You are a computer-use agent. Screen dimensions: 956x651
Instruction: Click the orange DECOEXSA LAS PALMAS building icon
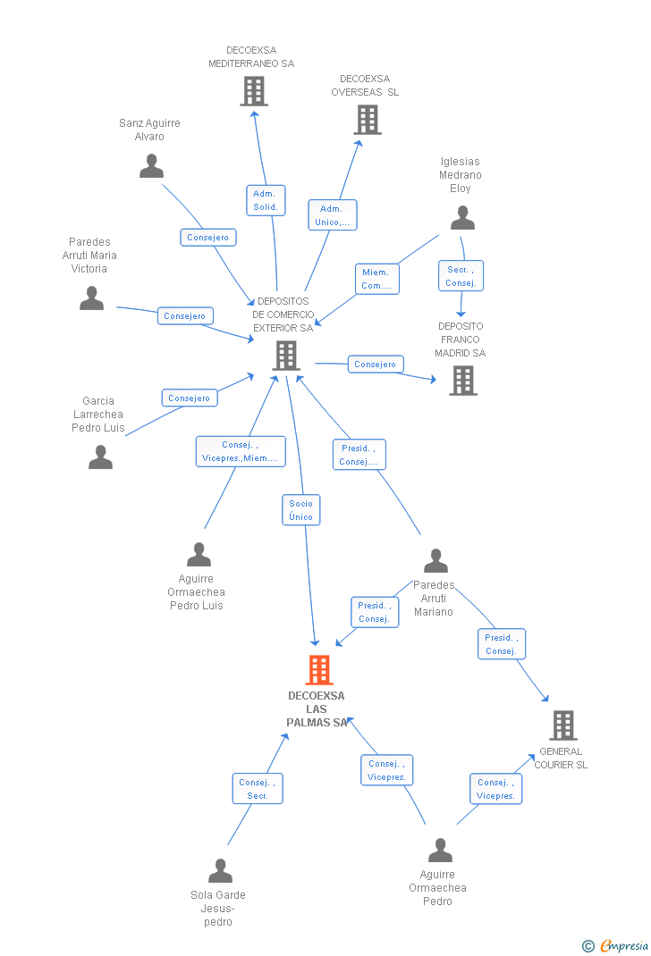pyautogui.click(x=319, y=669)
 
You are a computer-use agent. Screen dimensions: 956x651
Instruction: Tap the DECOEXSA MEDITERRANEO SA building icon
pyautogui.click(x=254, y=90)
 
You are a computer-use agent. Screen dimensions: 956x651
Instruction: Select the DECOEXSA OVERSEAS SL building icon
pyautogui.click(x=368, y=119)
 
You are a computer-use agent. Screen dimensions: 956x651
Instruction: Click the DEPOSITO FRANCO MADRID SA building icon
pyautogui.click(x=462, y=381)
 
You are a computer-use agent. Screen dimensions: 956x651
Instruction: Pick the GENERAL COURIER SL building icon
pyautogui.click(x=562, y=725)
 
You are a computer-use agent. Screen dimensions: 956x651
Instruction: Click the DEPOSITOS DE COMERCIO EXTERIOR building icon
pyautogui.click(x=286, y=356)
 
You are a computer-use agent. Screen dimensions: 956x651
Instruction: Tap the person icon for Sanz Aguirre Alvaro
pyautogui.click(x=152, y=166)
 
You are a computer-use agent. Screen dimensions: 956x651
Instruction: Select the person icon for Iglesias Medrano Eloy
pyautogui.click(x=462, y=218)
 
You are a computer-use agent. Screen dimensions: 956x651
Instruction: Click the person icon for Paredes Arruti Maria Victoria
pyautogui.click(x=92, y=298)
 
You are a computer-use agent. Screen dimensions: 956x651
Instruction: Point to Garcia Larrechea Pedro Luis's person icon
pyautogui.click(x=101, y=457)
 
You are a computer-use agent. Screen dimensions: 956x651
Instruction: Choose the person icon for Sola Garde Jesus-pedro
pyautogui.click(x=220, y=870)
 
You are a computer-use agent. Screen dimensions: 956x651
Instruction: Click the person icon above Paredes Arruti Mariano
pyautogui.click(x=435, y=561)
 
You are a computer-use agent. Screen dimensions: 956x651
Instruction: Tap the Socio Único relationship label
pyautogui.click(x=301, y=510)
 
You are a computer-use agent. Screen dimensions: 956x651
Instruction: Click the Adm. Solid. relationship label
pyautogui.click(x=266, y=200)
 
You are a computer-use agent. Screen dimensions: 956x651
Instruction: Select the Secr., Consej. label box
pyautogui.click(x=461, y=276)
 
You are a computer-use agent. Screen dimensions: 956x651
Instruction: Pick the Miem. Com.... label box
pyautogui.click(x=376, y=279)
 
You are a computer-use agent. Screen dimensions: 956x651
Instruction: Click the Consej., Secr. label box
pyautogui.click(x=258, y=789)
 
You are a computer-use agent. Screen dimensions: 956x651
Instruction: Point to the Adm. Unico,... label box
pyautogui.click(x=332, y=215)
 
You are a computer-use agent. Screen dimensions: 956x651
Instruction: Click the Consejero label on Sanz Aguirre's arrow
pyautogui.click(x=208, y=237)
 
